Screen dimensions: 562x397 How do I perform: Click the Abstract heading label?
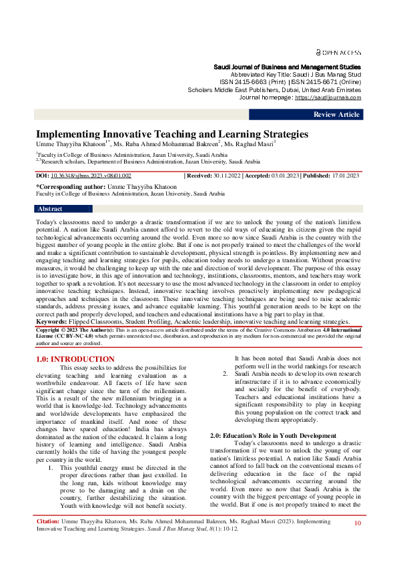[51, 209]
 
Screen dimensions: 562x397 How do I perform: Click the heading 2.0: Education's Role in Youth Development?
[273, 436]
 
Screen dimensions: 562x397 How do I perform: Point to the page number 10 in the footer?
[358, 524]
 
